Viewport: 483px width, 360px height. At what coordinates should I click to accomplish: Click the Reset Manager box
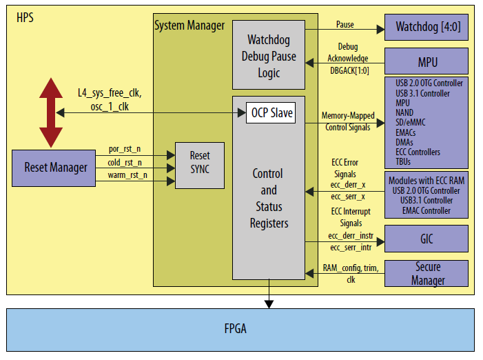(x=56, y=167)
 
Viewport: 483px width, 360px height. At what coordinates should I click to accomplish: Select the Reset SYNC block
(x=199, y=165)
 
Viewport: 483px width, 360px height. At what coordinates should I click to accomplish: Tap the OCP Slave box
(x=270, y=113)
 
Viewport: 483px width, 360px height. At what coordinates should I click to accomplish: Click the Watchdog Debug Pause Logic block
(x=269, y=55)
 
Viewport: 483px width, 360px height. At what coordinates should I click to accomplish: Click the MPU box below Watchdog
(x=426, y=62)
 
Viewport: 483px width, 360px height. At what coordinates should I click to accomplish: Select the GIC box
(x=426, y=239)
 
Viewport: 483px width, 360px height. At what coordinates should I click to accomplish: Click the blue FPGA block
(x=240, y=329)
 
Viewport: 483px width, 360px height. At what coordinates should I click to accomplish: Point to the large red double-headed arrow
(x=50, y=113)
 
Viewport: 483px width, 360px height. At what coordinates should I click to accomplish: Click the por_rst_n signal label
(x=125, y=149)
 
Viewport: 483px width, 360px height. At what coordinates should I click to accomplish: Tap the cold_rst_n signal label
(x=125, y=163)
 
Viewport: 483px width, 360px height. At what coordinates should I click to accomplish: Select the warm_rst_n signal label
(x=126, y=176)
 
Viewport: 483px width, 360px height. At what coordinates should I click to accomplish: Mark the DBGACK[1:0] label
(x=347, y=70)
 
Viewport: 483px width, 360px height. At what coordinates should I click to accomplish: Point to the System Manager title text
(x=189, y=26)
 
